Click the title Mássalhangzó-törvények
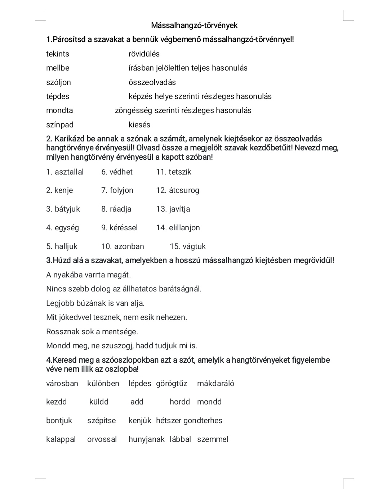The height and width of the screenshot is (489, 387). (x=194, y=26)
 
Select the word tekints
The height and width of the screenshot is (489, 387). (x=58, y=54)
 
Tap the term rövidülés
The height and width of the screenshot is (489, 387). (x=144, y=54)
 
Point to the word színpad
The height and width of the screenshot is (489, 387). (x=60, y=125)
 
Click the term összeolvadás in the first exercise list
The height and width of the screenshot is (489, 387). (x=152, y=82)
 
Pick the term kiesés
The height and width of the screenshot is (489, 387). (x=139, y=125)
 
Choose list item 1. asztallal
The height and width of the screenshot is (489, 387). (x=65, y=172)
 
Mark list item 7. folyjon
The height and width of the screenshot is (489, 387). (x=117, y=190)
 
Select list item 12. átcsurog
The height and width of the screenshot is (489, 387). (x=178, y=190)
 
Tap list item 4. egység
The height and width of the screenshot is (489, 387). (x=62, y=228)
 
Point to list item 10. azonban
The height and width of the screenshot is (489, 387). (x=123, y=246)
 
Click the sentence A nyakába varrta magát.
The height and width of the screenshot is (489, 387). (x=89, y=275)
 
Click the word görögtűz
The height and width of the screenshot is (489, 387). (x=172, y=384)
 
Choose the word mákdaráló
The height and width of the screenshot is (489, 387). (x=215, y=384)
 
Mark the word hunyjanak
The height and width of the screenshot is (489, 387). (x=146, y=439)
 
